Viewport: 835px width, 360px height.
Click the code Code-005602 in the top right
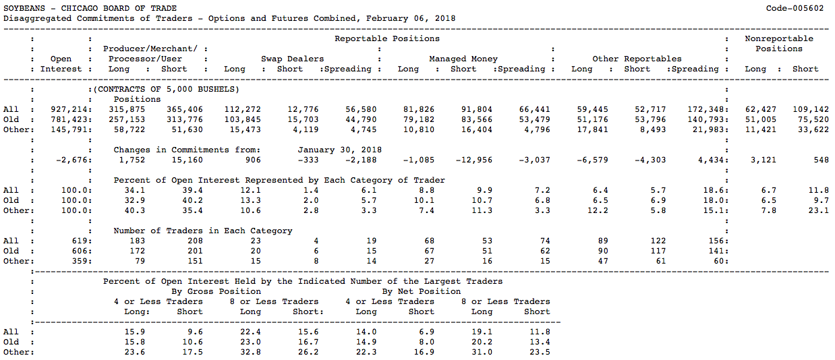click(x=795, y=8)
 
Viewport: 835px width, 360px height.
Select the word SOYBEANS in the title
click(x=24, y=8)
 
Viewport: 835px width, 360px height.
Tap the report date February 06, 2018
click(x=411, y=19)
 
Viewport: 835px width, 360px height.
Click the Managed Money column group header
click(x=463, y=59)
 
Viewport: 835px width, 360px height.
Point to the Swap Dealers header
click(x=293, y=59)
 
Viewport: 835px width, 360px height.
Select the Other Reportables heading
click(x=637, y=59)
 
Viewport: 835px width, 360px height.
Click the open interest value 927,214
click(x=69, y=110)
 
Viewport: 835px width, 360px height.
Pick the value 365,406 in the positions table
click(x=185, y=110)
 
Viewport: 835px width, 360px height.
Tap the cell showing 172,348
click(x=706, y=110)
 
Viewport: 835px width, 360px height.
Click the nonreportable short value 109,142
click(x=811, y=110)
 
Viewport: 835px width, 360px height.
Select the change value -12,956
click(x=473, y=160)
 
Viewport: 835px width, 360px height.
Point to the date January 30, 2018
click(x=339, y=150)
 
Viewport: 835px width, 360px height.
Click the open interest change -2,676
click(x=72, y=160)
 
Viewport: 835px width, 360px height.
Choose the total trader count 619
click(x=80, y=241)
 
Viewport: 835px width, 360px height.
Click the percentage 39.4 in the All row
click(x=193, y=190)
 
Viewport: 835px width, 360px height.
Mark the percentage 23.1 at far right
click(x=819, y=210)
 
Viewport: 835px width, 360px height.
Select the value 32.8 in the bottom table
click(x=250, y=352)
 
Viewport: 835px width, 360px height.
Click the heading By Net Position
click(x=422, y=291)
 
